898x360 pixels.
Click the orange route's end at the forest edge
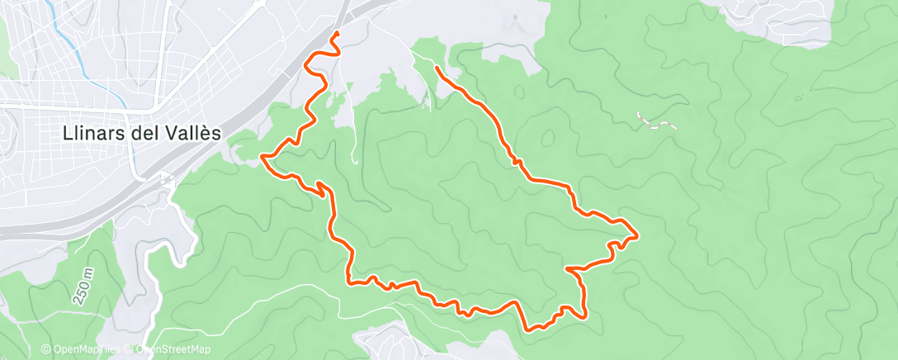point(435,67)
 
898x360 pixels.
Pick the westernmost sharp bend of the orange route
point(262,155)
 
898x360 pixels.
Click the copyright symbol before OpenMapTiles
point(45,350)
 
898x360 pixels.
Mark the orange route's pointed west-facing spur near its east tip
point(567,268)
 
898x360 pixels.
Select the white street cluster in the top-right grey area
point(792,21)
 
